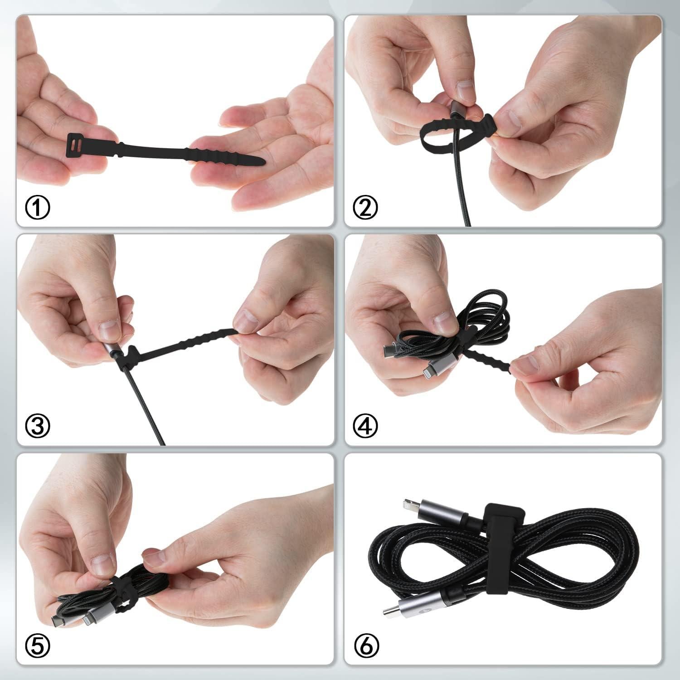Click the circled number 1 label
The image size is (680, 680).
[x=37, y=208]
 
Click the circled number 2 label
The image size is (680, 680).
[x=365, y=208]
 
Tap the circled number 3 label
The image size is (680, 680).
[x=37, y=425]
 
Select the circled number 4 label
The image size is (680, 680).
[x=365, y=425]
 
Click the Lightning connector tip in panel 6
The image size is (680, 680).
[x=408, y=503]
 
